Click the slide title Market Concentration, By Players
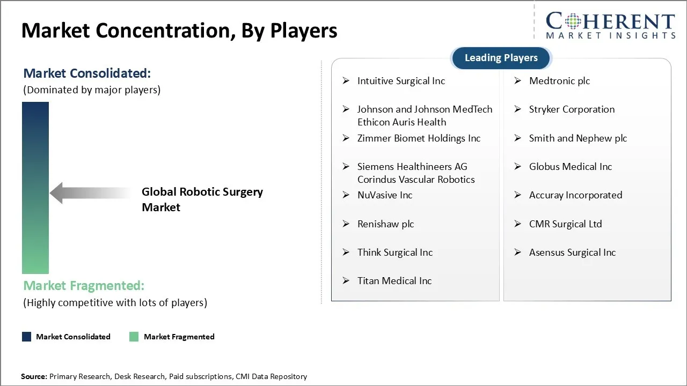(179, 31)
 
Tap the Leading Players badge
(501, 58)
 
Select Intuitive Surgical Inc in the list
(401, 81)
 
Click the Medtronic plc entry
(559, 81)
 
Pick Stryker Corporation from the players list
(572, 109)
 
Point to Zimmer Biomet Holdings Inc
(419, 138)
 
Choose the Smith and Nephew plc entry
(578, 138)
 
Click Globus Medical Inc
(570, 167)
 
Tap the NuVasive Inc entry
(385, 195)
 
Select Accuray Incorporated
(575, 195)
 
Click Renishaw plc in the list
(385, 224)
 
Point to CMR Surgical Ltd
(565, 224)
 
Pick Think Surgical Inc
(394, 253)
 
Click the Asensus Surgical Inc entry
(572, 253)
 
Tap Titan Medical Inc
(394, 281)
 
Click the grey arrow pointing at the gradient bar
(89, 193)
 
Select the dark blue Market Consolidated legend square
(26, 337)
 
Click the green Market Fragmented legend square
(134, 337)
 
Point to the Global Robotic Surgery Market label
(202, 199)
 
